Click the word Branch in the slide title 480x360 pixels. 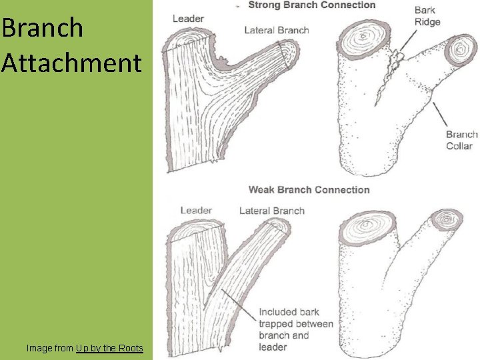tap(43, 28)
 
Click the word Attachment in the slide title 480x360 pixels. tap(71, 63)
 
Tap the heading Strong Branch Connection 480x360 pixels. tap(312, 5)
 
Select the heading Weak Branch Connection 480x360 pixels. tap(309, 190)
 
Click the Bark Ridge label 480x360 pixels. tap(427, 16)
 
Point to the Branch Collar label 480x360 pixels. tap(462, 140)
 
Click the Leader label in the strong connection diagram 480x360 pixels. tap(188, 19)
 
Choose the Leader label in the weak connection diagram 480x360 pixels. tap(196, 211)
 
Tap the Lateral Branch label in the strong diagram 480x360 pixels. tap(277, 30)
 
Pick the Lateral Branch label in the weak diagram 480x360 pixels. tap(271, 211)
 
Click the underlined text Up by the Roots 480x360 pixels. tap(109, 348)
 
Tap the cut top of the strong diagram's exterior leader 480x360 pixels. tap(366, 38)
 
